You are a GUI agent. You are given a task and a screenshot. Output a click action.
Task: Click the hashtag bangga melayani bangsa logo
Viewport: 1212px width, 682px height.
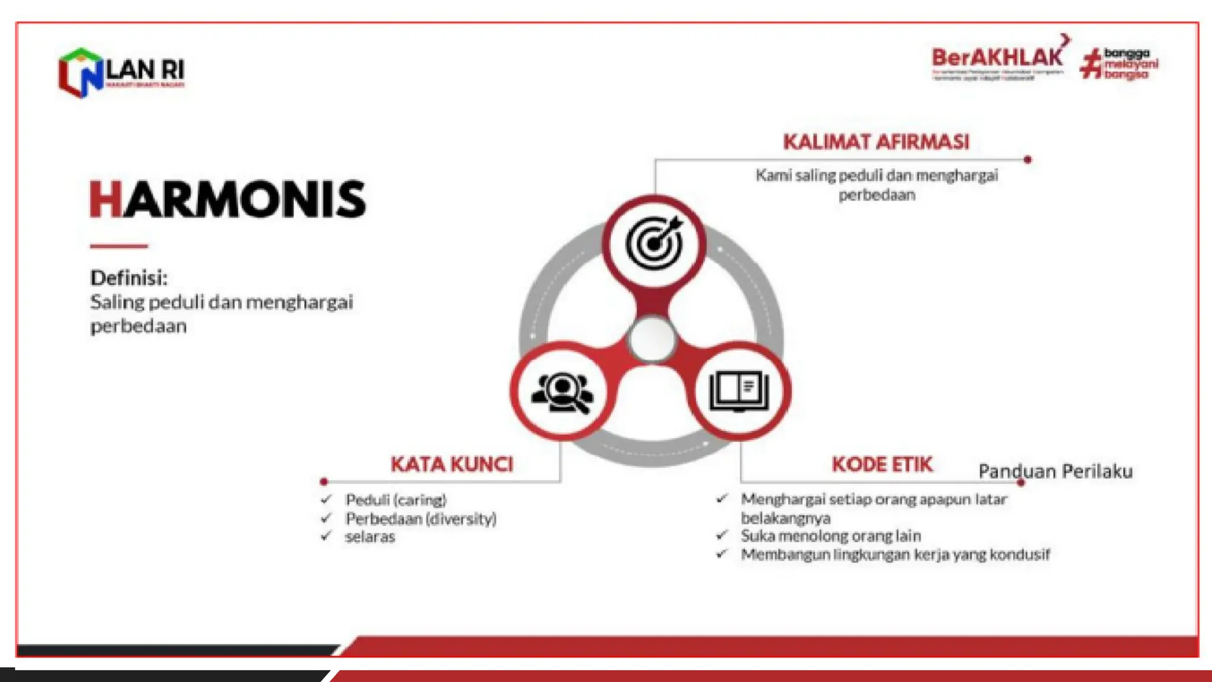1118,63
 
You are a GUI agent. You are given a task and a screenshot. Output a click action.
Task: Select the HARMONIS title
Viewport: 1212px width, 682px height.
228,200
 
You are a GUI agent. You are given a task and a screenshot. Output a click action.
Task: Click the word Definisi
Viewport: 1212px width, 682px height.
128,278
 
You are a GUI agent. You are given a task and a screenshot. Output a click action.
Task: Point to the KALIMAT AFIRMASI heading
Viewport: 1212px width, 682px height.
876,142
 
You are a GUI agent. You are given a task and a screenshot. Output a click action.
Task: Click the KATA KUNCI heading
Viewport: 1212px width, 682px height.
452,464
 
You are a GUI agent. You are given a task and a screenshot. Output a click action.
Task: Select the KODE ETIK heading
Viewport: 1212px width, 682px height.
882,464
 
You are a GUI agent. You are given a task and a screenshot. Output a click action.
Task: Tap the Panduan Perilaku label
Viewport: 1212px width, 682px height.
1055,471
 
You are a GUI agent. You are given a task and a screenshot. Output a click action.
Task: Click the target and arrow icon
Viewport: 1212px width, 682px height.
654,243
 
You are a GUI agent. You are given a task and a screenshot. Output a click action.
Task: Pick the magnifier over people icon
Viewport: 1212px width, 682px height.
562,391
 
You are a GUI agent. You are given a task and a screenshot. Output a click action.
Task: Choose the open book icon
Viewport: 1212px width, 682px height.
739,391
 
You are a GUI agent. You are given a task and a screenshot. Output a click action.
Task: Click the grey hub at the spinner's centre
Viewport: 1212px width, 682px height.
652,339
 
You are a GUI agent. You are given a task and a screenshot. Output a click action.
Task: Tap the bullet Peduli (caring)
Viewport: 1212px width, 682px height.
395,500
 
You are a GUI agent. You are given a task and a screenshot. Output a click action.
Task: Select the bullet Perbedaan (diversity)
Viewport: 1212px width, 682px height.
421,519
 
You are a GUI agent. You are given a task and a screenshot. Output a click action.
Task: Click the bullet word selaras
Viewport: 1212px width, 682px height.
370,537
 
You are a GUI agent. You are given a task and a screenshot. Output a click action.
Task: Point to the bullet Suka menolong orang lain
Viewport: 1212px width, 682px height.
830,536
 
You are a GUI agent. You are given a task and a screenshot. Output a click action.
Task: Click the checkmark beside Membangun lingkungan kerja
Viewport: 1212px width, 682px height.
721,554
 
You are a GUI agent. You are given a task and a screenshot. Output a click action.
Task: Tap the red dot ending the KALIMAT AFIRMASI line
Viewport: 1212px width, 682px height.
1027,160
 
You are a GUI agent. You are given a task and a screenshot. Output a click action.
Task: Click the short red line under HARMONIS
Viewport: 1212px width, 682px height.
119,246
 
